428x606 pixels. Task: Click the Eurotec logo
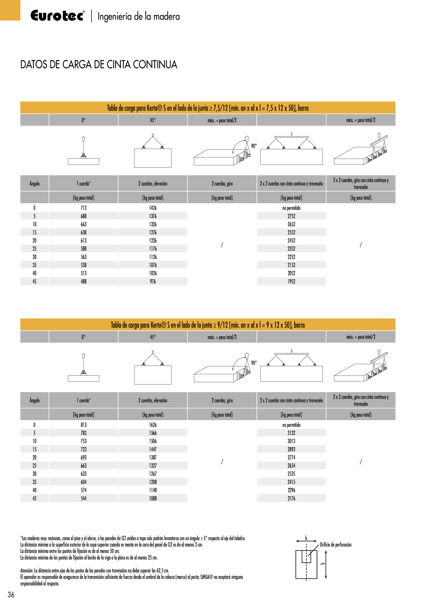57,16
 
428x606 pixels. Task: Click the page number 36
11,595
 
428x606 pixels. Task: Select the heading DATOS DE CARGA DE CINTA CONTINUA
99,65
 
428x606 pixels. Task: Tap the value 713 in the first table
84,208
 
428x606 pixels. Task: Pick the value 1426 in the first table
153,208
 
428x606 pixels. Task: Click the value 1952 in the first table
291,282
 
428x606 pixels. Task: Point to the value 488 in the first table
84,282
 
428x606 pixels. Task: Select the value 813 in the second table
84,425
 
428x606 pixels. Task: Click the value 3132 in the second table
291,433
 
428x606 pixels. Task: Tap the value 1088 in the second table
153,499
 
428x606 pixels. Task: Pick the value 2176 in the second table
291,499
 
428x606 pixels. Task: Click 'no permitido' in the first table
291,208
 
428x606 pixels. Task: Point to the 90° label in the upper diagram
254,146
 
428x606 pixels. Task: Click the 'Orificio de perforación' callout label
335,545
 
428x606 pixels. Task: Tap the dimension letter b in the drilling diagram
306,538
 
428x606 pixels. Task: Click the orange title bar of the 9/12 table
208,325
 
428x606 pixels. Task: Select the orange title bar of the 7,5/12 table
208,108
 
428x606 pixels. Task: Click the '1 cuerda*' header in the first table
84,184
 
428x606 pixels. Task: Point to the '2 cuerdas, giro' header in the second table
222,401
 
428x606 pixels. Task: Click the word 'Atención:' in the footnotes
27,571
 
